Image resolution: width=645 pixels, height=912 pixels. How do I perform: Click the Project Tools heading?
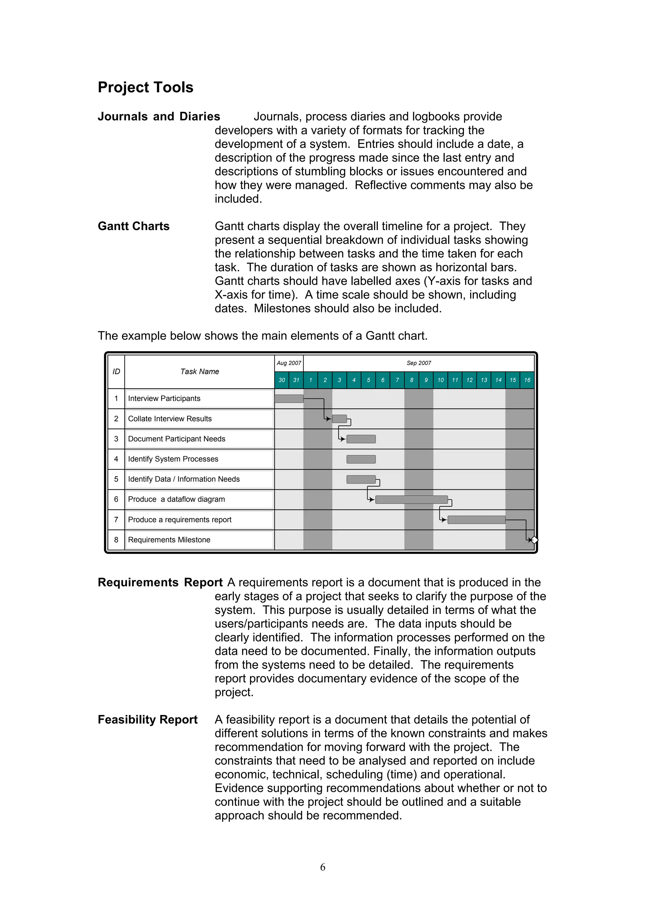pos(146,87)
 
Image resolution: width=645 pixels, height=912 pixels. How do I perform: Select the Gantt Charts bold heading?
pos(134,226)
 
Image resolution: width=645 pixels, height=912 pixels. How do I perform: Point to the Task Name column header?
pos(199,371)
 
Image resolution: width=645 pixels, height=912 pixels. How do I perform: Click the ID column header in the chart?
pos(116,371)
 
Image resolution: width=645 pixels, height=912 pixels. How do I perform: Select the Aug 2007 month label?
pos(289,363)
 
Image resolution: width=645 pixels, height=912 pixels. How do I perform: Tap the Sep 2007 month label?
pos(419,363)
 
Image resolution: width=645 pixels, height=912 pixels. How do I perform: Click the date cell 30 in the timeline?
pos(282,380)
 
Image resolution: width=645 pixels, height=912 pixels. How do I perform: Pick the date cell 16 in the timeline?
pos(527,380)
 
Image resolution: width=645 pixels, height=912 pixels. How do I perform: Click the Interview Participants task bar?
pos(289,398)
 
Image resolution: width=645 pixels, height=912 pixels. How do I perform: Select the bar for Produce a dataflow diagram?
pos(411,500)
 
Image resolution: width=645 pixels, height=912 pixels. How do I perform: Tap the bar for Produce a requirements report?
pos(476,520)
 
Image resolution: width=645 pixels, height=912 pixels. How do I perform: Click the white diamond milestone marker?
pos(534,540)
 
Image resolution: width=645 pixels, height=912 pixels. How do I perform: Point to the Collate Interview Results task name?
pos(170,419)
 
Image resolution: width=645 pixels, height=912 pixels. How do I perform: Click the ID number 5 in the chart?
pos(116,479)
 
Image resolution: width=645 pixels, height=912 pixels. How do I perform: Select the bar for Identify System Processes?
pos(361,459)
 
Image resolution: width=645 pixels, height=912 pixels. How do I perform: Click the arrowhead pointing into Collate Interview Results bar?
pos(329,419)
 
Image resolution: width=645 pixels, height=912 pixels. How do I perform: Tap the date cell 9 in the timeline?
pos(426,380)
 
